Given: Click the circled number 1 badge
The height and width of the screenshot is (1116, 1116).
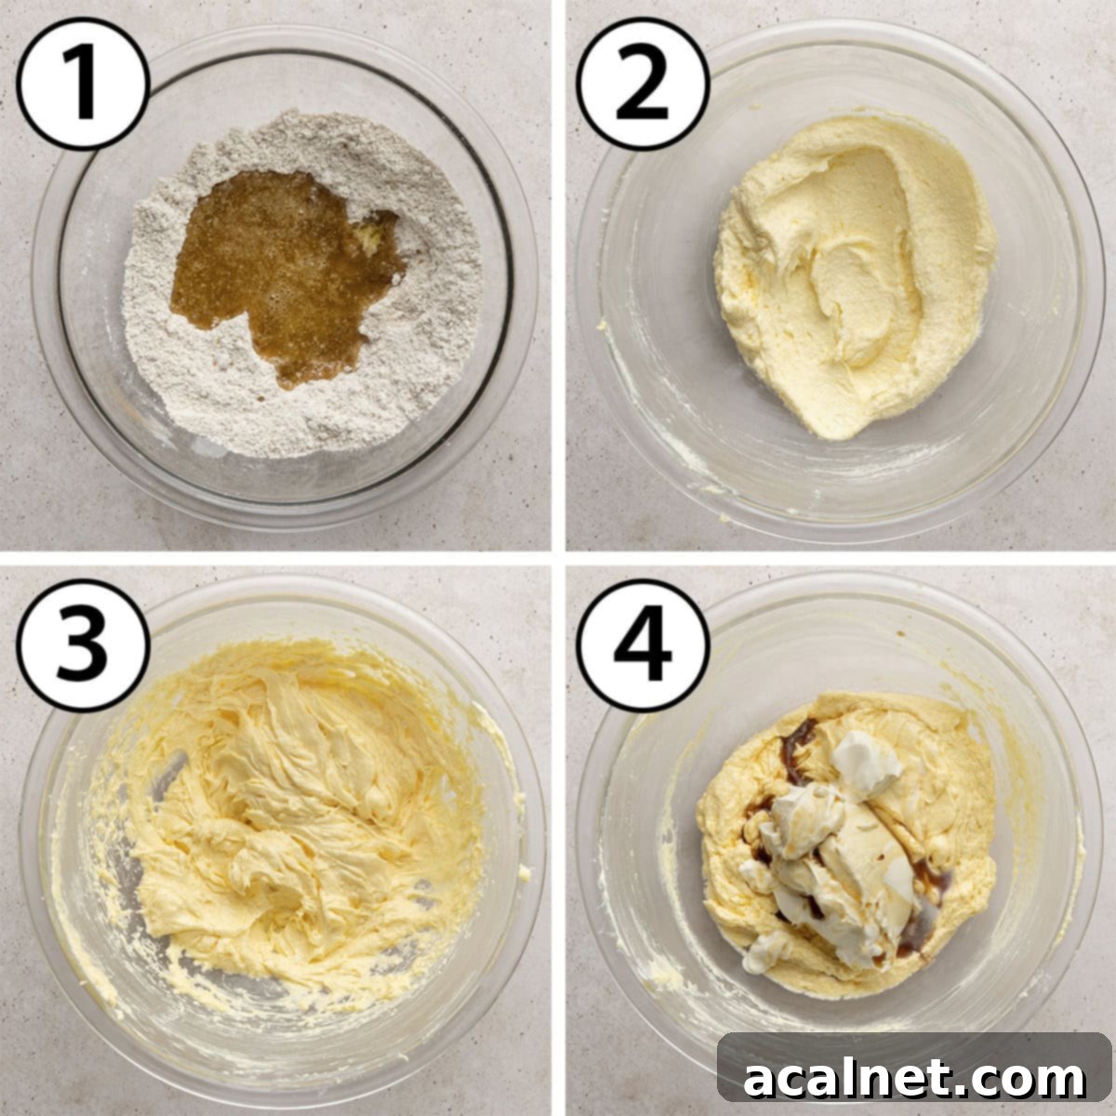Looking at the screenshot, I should (x=84, y=84).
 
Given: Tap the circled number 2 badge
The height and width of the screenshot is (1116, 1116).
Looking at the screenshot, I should (x=642, y=84).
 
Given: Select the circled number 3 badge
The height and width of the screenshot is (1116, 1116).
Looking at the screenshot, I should (x=84, y=644).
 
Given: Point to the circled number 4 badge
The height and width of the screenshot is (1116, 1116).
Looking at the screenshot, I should (x=642, y=644).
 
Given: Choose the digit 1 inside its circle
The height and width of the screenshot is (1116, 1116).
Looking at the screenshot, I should (x=84, y=84).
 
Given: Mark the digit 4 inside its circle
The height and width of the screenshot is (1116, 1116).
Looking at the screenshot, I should (x=642, y=644).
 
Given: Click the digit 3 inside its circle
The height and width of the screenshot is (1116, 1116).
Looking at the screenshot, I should (x=84, y=644).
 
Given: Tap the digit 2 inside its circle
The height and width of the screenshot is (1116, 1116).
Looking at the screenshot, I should (x=642, y=84).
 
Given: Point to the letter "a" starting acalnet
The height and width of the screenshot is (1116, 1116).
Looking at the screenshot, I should (x=761, y=1081).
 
